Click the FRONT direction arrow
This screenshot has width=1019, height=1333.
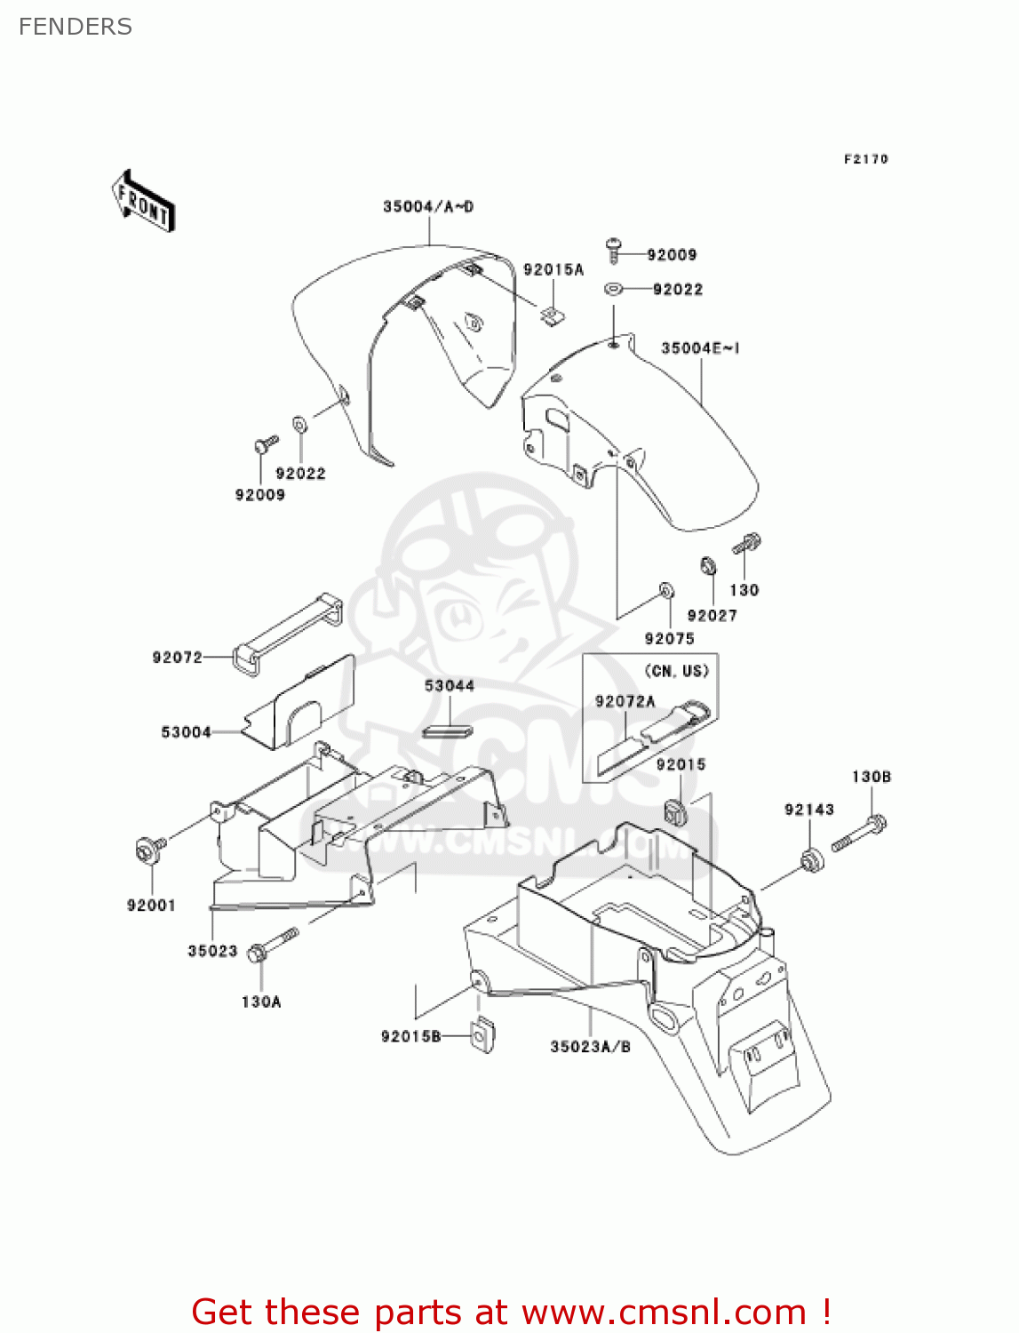[143, 202]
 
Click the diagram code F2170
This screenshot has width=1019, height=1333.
[865, 159]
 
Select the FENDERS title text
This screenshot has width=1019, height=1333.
[76, 27]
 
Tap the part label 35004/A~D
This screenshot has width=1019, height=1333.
[428, 207]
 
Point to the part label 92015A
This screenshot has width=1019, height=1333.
[553, 270]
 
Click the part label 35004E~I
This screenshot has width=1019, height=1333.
[700, 348]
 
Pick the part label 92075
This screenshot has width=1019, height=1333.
[669, 638]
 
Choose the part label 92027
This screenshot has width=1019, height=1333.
[712, 615]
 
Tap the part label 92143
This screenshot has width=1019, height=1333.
[808, 810]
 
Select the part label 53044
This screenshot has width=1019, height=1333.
[449, 686]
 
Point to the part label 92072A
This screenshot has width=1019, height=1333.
[625, 701]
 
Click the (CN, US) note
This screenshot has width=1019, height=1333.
[677, 671]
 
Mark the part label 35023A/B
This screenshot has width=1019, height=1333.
[590, 1047]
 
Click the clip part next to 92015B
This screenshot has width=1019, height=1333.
[482, 1034]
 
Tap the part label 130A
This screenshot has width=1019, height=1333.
[260, 1002]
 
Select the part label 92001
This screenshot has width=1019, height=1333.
[151, 906]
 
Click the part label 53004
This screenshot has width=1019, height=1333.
[186, 732]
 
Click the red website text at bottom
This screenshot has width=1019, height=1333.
[511, 1312]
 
